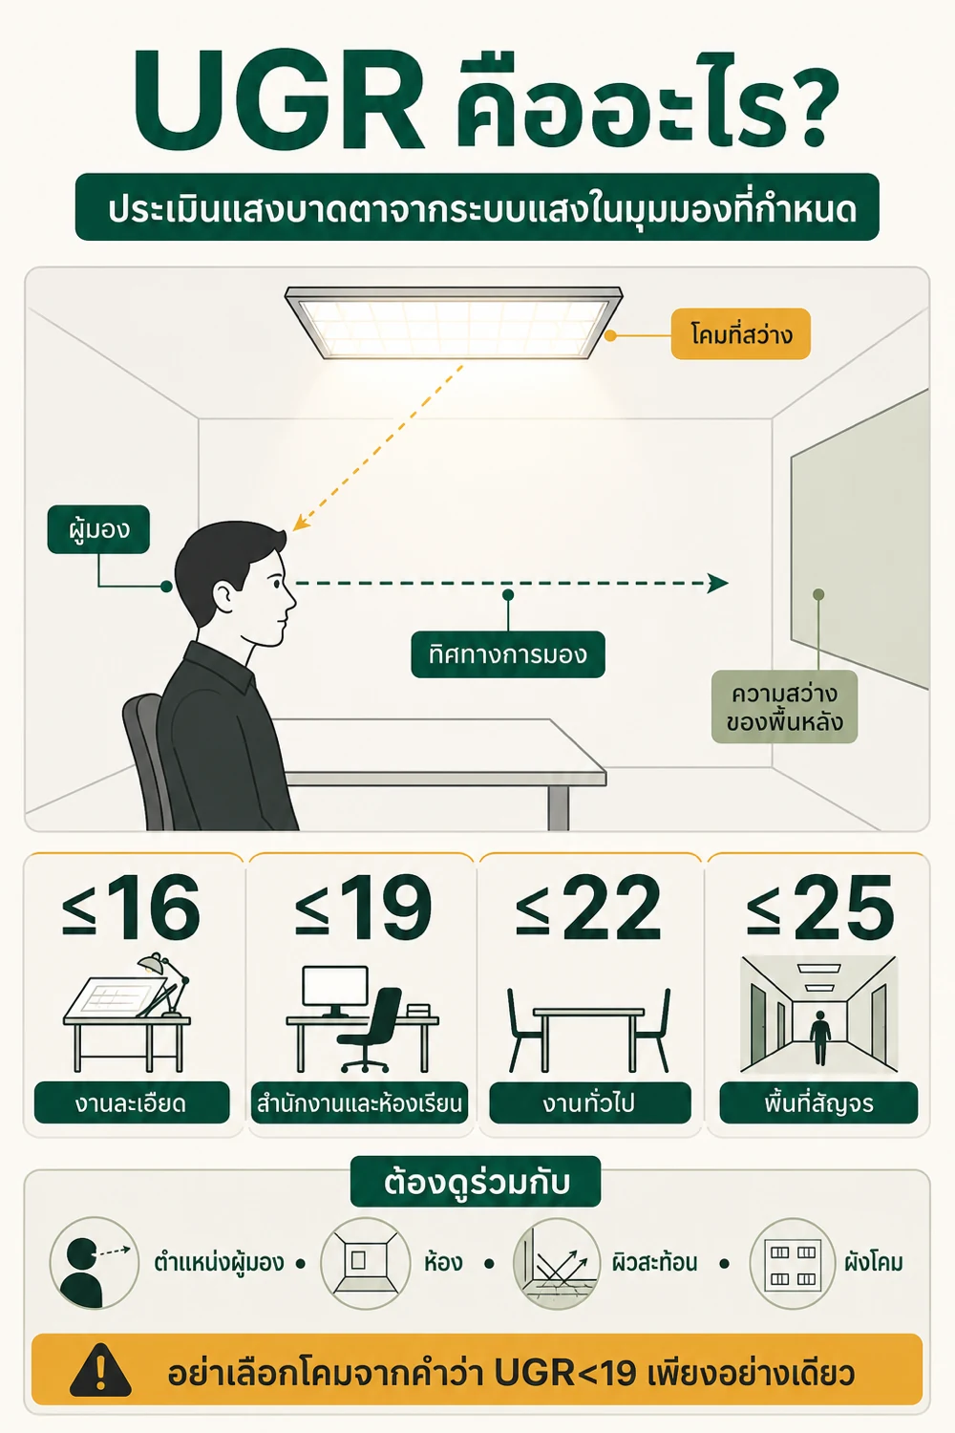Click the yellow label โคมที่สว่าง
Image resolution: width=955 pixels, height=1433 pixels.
741,334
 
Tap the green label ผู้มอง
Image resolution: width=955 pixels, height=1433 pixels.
98,529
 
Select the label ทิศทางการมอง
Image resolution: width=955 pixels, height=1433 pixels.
508,654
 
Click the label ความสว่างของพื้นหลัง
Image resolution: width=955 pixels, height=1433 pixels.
784,707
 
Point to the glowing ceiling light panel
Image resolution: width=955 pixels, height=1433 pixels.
454,323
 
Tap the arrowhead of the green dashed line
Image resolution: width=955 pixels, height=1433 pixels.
718,583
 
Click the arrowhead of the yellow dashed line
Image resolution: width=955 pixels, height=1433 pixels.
299,524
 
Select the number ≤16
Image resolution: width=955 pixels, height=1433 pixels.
131,908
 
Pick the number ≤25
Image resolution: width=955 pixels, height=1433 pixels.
820,908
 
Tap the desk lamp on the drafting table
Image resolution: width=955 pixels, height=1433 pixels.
165,984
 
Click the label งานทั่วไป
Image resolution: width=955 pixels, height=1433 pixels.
590,1103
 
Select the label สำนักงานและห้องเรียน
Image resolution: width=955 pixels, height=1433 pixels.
359,1103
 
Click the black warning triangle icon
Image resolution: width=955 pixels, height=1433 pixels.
100,1370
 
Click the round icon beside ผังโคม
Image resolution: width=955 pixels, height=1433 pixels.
793,1264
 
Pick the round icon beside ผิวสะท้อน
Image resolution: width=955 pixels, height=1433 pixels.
557,1264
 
